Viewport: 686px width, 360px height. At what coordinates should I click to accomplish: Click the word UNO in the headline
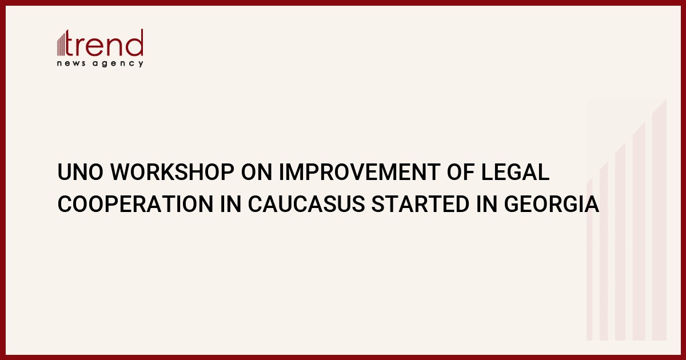pyautogui.click(x=80, y=172)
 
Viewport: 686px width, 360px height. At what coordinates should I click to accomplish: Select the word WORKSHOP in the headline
pyautogui.click(x=172, y=172)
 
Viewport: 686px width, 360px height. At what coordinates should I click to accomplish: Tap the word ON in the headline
pyautogui.click(x=257, y=172)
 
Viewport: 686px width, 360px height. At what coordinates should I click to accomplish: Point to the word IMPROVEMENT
pyautogui.click(x=360, y=172)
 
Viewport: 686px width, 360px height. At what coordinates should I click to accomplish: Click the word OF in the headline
pyautogui.click(x=461, y=172)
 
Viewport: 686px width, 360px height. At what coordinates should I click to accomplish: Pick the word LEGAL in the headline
pyautogui.click(x=516, y=172)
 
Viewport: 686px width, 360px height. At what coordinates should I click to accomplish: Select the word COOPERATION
pyautogui.click(x=135, y=204)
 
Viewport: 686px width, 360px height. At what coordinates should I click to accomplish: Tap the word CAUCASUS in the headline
pyautogui.click(x=306, y=204)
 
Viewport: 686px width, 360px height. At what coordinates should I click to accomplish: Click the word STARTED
pyautogui.click(x=421, y=204)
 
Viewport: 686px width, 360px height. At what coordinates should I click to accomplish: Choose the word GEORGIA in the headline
pyautogui.click(x=552, y=204)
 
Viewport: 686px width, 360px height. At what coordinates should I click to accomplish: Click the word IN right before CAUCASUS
pyautogui.click(x=230, y=204)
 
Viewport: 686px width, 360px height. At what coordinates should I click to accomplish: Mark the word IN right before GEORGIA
pyautogui.click(x=486, y=204)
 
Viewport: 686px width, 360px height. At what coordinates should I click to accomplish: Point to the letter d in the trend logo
pyautogui.click(x=134, y=42)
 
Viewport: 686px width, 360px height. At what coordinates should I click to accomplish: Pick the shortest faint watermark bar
pyautogui.click(x=589, y=259)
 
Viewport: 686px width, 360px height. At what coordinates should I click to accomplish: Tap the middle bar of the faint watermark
pyautogui.click(x=620, y=242)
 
